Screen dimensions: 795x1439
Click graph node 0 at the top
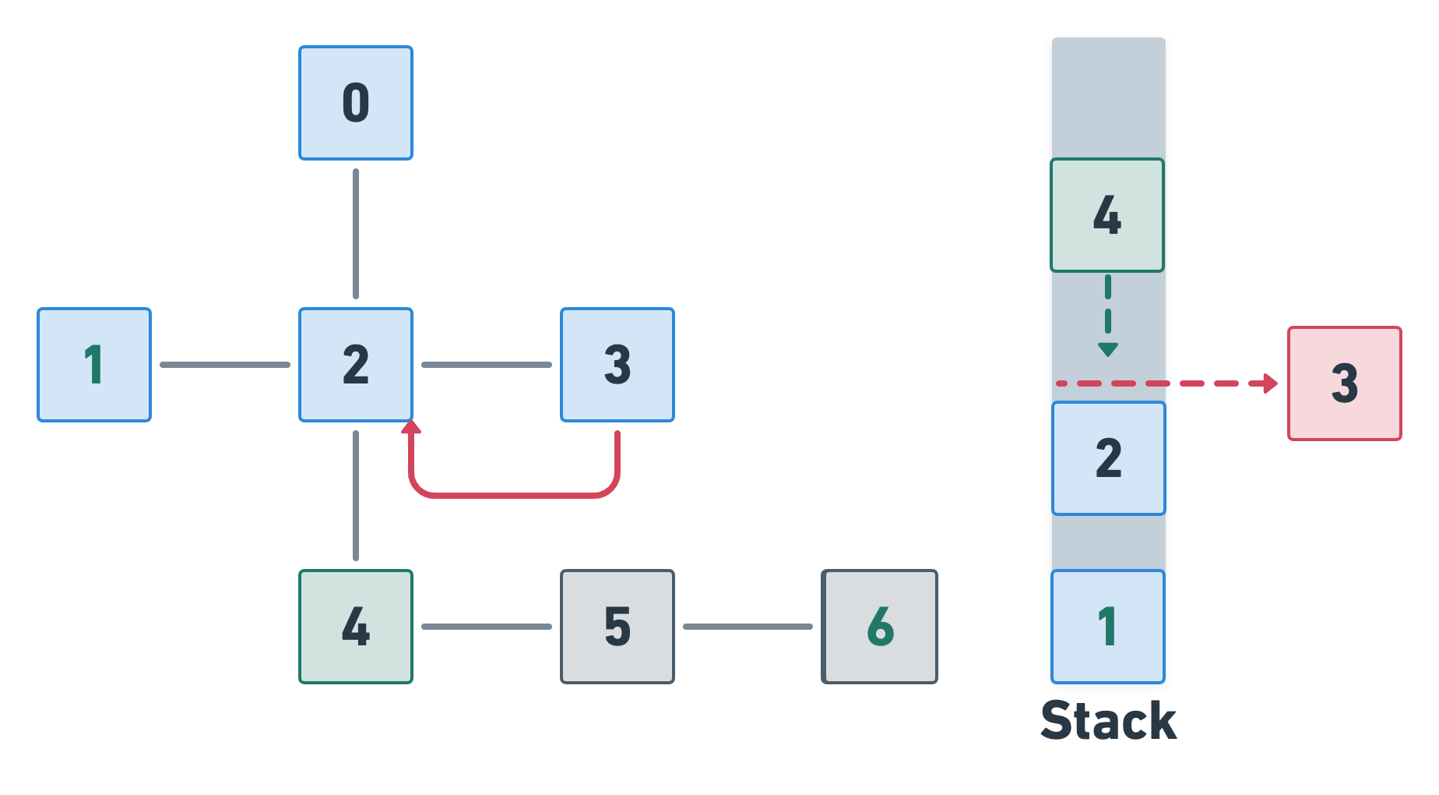tap(356, 103)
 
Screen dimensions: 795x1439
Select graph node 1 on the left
tap(94, 365)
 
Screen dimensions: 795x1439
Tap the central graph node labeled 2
tap(356, 365)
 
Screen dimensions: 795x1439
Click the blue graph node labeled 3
tap(617, 365)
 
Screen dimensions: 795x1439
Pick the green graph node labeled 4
tap(356, 627)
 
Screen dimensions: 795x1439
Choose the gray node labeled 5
tap(617, 627)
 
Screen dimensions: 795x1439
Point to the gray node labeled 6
tap(880, 627)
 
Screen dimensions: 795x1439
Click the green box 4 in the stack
tap(1107, 215)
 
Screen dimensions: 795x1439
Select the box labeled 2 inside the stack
tap(1109, 458)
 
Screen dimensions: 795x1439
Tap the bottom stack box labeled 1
tap(1108, 627)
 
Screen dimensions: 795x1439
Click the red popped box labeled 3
tap(1345, 383)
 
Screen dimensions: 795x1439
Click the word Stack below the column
tap(1108, 721)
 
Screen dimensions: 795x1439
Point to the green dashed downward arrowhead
tap(1108, 349)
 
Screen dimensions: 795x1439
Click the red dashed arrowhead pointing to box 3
tap(1271, 383)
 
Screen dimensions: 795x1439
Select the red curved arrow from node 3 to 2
tap(514, 494)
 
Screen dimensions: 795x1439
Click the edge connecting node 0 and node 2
tap(356, 234)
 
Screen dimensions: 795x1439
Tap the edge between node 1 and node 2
tap(225, 365)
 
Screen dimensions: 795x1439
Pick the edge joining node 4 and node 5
tap(487, 627)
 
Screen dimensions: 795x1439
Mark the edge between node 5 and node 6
tap(748, 627)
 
